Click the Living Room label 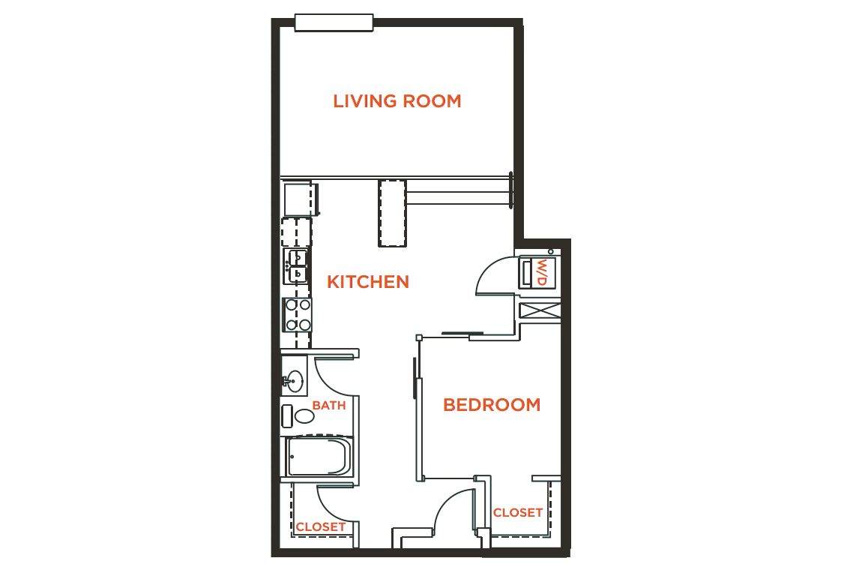[x=397, y=101]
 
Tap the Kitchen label [x=368, y=282]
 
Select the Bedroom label [x=492, y=405]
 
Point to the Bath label [x=329, y=406]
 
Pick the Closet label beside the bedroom [x=518, y=513]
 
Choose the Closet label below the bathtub [x=321, y=527]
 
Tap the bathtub [x=319, y=457]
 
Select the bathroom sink [x=295, y=381]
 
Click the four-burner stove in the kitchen [x=298, y=315]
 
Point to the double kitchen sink [x=296, y=266]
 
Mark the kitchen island [x=393, y=212]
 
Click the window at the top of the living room [x=334, y=23]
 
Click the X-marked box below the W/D [x=540, y=310]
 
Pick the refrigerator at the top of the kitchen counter [x=299, y=199]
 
